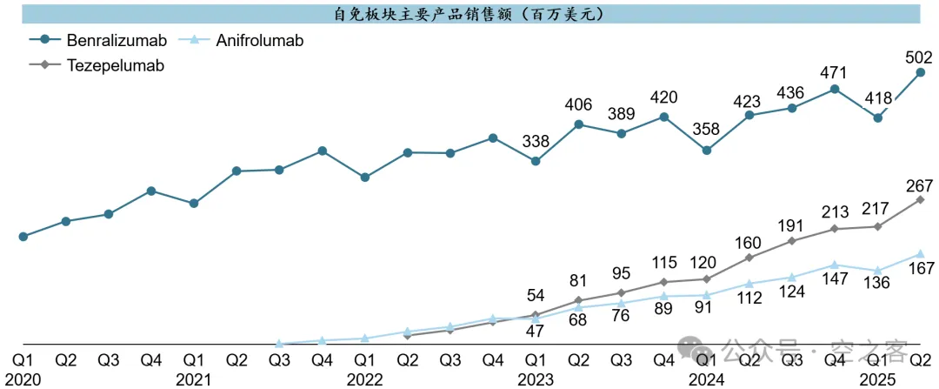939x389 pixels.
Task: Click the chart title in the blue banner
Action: pyautogui.click(x=469, y=14)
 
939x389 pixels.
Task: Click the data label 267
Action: pyautogui.click(x=918, y=184)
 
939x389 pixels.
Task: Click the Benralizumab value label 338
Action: pyautogui.click(x=536, y=142)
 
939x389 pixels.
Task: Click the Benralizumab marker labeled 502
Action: pyautogui.click(x=920, y=73)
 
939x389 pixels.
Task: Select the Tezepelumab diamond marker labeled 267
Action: pyautogui.click(x=920, y=200)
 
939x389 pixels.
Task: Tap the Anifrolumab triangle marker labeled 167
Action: pyautogui.click(x=920, y=253)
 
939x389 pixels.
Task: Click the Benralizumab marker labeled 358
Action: pyautogui.click(x=707, y=151)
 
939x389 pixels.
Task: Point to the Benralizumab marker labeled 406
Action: pyautogui.click(x=578, y=124)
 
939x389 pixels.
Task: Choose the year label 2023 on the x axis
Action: pyautogui.click(x=535, y=379)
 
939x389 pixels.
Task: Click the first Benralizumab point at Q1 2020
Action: pyautogui.click(x=23, y=236)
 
